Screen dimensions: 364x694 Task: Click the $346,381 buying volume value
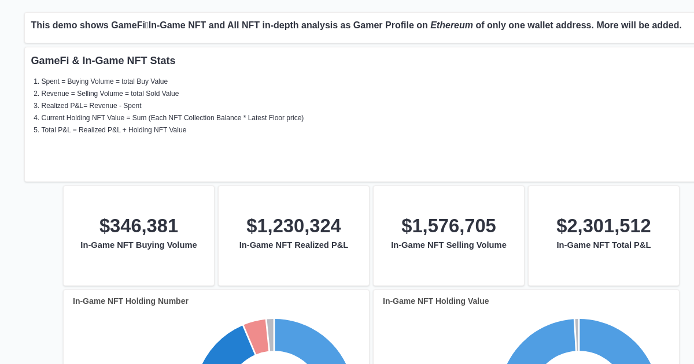pos(139,226)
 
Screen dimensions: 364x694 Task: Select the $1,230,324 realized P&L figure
pos(294,226)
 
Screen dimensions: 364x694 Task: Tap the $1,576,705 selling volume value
pos(449,226)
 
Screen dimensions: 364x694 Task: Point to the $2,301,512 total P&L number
pos(604,226)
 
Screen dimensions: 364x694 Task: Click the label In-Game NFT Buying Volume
pos(139,245)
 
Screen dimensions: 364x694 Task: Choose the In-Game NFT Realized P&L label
pos(294,245)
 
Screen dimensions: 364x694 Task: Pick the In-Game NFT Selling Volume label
pos(449,245)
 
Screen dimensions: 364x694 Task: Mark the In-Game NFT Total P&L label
pos(604,245)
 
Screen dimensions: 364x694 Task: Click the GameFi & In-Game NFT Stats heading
pos(103,61)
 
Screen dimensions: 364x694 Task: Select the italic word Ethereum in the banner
pos(452,25)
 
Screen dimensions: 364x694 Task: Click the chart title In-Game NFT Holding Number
pos(131,301)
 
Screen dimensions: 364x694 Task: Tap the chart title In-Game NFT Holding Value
pos(436,301)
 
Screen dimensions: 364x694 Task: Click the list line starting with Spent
pos(105,81)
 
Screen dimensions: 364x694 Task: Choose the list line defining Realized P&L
pos(91,106)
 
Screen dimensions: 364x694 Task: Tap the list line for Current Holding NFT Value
pos(172,118)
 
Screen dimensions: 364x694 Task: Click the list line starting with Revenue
pos(110,94)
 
